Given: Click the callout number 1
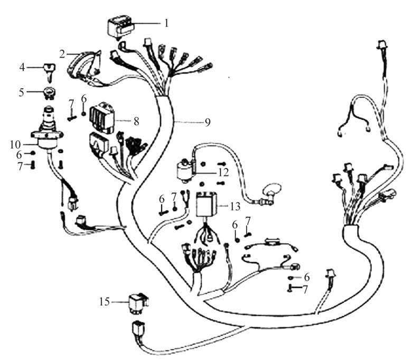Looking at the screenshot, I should tap(166, 23).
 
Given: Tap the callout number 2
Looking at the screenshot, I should tap(62, 54).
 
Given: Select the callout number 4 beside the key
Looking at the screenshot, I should tap(22, 67).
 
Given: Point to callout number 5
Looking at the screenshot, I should tap(22, 92).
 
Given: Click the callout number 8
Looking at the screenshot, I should tap(136, 121).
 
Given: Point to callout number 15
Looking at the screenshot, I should tap(104, 302).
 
